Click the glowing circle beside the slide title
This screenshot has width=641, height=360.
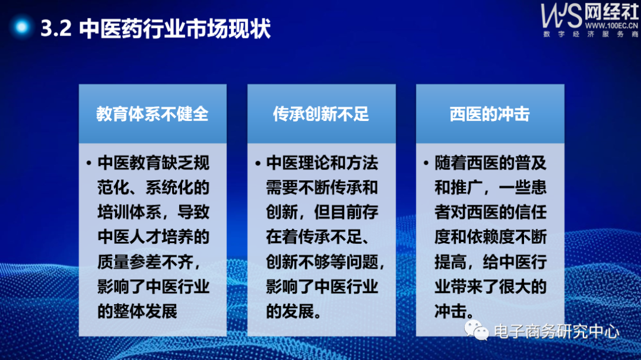point(23,27)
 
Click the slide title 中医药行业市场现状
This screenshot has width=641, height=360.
point(175,28)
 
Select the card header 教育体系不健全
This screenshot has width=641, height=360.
point(153,114)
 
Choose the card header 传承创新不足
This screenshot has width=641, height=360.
point(321,114)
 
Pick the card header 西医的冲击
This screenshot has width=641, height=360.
point(490,114)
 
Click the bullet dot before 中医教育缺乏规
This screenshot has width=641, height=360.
point(88,163)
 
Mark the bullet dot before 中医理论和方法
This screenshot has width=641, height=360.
point(258,163)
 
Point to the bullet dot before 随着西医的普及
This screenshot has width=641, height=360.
point(426,163)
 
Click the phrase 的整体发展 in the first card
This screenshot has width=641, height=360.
point(137,311)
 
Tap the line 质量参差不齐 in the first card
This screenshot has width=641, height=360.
point(153,262)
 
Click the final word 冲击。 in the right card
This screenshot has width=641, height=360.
point(453,311)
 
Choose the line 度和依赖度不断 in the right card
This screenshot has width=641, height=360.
point(490,237)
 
